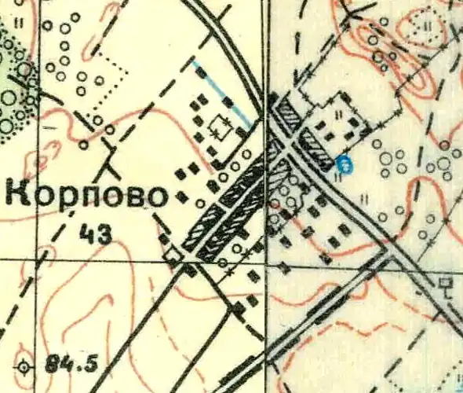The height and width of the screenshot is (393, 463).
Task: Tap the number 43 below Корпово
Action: tap(95, 232)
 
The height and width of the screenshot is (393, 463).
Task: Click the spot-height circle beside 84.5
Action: tap(27, 366)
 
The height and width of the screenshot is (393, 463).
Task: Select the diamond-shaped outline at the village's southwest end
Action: tap(173, 254)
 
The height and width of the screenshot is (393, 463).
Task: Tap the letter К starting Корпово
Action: tap(20, 194)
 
